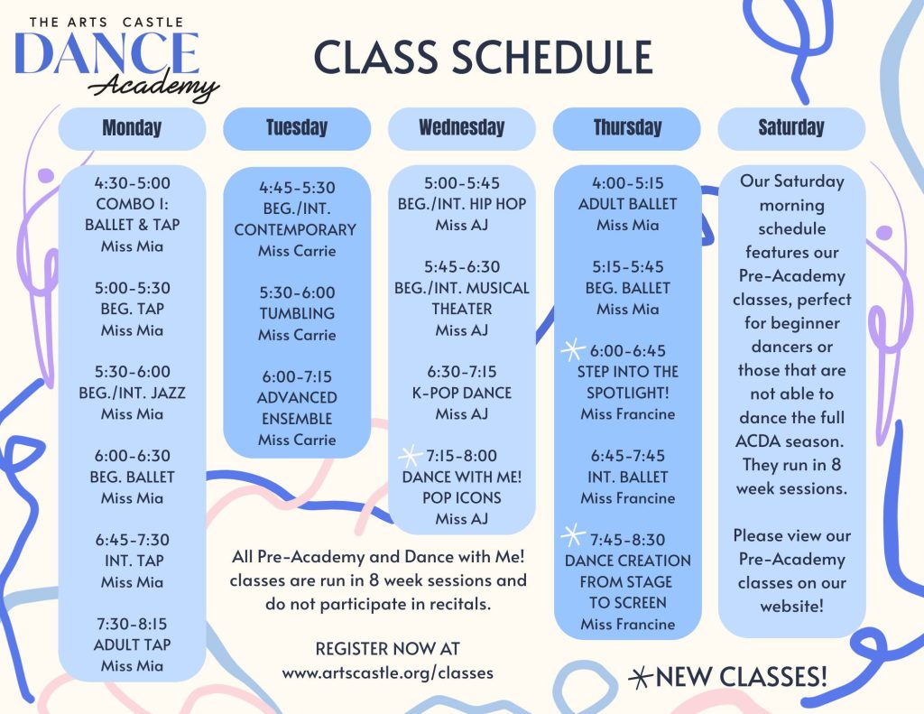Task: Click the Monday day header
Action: tap(132, 128)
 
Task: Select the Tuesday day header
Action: tap(297, 128)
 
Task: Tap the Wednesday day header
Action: tap(462, 128)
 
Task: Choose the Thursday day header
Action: tap(627, 128)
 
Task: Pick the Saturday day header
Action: tap(791, 128)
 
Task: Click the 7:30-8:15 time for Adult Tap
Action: tap(132, 623)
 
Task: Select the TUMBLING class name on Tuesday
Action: tap(297, 313)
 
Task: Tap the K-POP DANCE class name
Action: tap(462, 393)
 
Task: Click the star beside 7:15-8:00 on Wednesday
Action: tap(411, 456)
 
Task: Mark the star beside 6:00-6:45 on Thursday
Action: tap(573, 350)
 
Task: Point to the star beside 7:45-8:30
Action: tap(573, 536)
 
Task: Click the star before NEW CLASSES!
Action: tap(641, 678)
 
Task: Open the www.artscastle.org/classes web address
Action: tap(387, 672)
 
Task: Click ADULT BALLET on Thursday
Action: tap(628, 204)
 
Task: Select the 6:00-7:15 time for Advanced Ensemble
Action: tap(297, 376)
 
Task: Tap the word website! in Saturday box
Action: tap(791, 606)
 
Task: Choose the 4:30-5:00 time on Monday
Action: tap(132, 182)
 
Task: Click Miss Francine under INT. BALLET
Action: tap(628, 498)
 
